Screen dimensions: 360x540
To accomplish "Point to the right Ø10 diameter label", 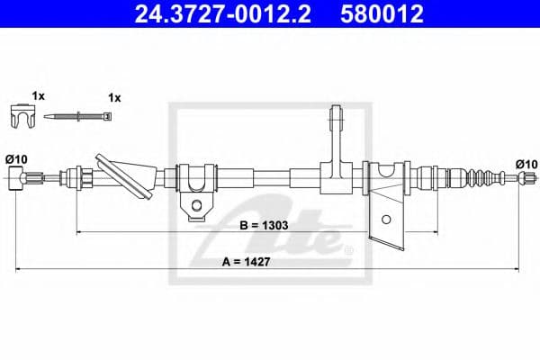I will pyautogui.click(x=526, y=163).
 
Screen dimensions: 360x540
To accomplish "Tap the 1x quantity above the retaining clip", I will pyautogui.click(x=38, y=95).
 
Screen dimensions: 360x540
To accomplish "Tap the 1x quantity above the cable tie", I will pyautogui.click(x=114, y=96).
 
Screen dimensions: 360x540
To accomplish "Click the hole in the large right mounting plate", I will pyautogui.click(x=386, y=219).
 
